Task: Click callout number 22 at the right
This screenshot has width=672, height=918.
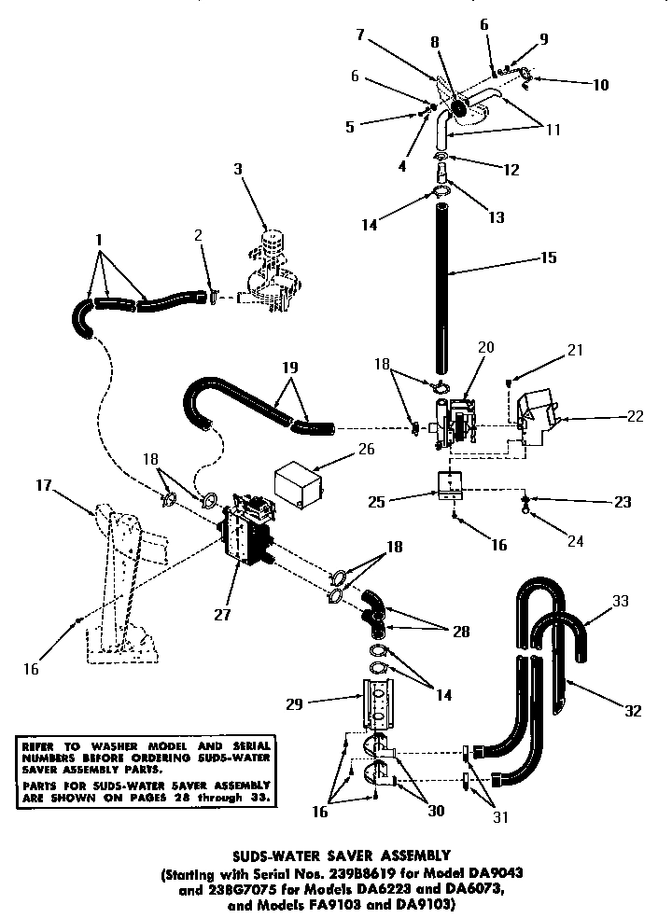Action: [634, 416]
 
